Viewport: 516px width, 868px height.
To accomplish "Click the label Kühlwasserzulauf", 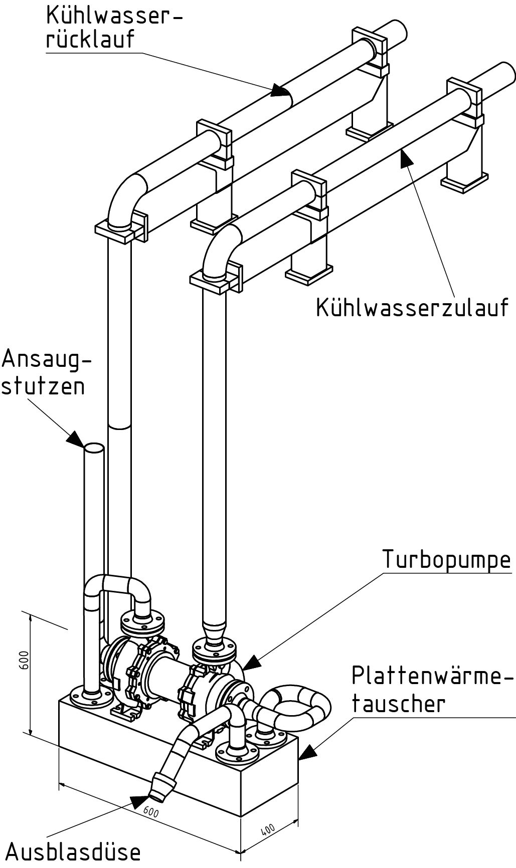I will coord(412,307).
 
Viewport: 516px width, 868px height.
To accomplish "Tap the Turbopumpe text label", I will coord(447,559).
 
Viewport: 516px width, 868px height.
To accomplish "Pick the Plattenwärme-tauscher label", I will coord(432,689).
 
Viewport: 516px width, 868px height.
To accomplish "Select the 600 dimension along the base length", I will coord(150,810).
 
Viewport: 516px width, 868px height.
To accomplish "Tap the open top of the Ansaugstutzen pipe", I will coord(93,448).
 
